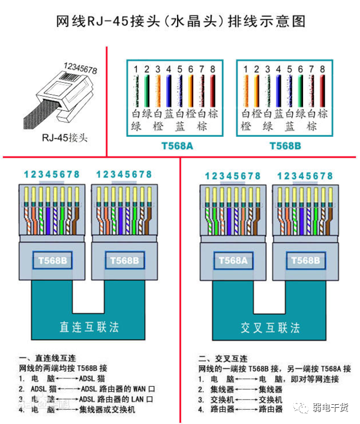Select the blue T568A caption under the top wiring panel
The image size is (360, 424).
point(174,146)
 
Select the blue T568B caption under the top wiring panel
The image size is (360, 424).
point(284,146)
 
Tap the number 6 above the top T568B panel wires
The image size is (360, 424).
point(301,70)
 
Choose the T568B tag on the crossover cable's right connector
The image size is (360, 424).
point(305,260)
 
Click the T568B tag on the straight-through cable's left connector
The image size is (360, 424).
point(52,260)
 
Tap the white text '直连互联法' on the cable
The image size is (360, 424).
point(89,327)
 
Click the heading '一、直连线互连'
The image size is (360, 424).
point(47,357)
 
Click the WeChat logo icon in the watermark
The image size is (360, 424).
point(299,407)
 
